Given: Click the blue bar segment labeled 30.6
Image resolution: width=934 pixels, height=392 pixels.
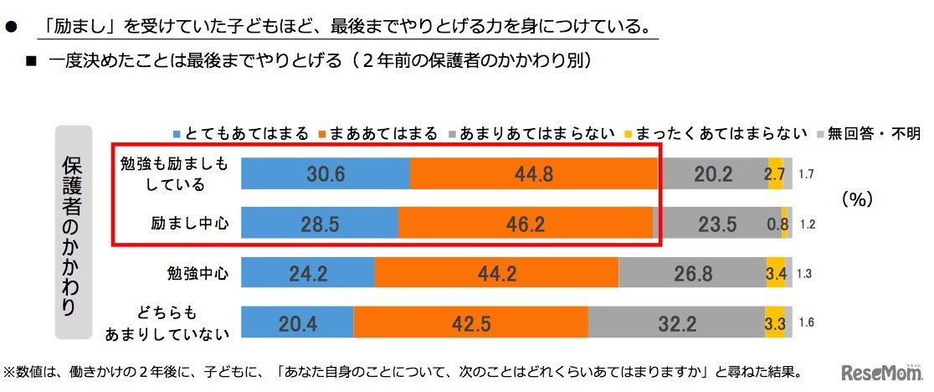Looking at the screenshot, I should click(x=326, y=174).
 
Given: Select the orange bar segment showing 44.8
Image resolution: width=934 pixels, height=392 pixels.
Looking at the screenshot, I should click(x=534, y=174).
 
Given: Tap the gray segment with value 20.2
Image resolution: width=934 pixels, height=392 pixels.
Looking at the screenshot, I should click(x=712, y=174).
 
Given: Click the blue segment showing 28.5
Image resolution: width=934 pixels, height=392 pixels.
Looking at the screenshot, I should click(x=320, y=224).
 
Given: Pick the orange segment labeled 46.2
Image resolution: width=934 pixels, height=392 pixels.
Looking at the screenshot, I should click(x=526, y=224).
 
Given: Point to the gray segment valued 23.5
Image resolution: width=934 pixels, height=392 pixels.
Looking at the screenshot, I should click(x=718, y=224).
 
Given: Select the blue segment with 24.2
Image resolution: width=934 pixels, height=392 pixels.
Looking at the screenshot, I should click(x=308, y=274).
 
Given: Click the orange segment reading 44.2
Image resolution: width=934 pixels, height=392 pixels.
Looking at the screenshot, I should click(x=497, y=274).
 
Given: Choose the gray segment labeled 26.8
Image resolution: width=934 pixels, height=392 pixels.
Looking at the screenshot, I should click(x=692, y=274).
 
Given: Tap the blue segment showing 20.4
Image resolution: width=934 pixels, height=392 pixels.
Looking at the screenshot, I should click(x=297, y=323).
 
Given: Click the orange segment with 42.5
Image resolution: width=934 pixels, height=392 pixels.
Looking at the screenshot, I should click(x=471, y=323).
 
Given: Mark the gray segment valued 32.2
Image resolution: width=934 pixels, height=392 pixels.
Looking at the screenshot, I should click(x=676, y=323).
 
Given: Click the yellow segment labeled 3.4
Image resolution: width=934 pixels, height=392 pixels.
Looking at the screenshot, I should click(x=775, y=274).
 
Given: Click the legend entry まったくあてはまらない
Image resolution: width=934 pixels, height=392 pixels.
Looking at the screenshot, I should click(x=716, y=133).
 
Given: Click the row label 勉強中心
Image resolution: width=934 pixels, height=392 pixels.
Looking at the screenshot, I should click(x=195, y=274).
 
